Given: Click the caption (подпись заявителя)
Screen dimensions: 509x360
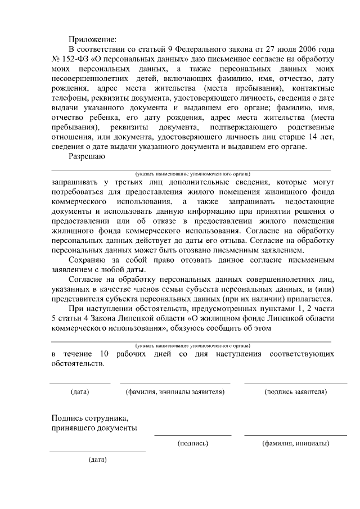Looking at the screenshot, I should click(295, 391).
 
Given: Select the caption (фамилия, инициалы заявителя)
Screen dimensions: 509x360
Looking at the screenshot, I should click(175, 391).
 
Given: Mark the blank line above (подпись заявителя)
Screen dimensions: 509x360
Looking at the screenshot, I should click(295, 384).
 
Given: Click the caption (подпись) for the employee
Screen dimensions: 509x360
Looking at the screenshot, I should click(192, 443).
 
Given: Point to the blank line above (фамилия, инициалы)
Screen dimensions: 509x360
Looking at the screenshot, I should click(295, 435).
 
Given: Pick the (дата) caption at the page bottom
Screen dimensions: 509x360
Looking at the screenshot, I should click(97, 460).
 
